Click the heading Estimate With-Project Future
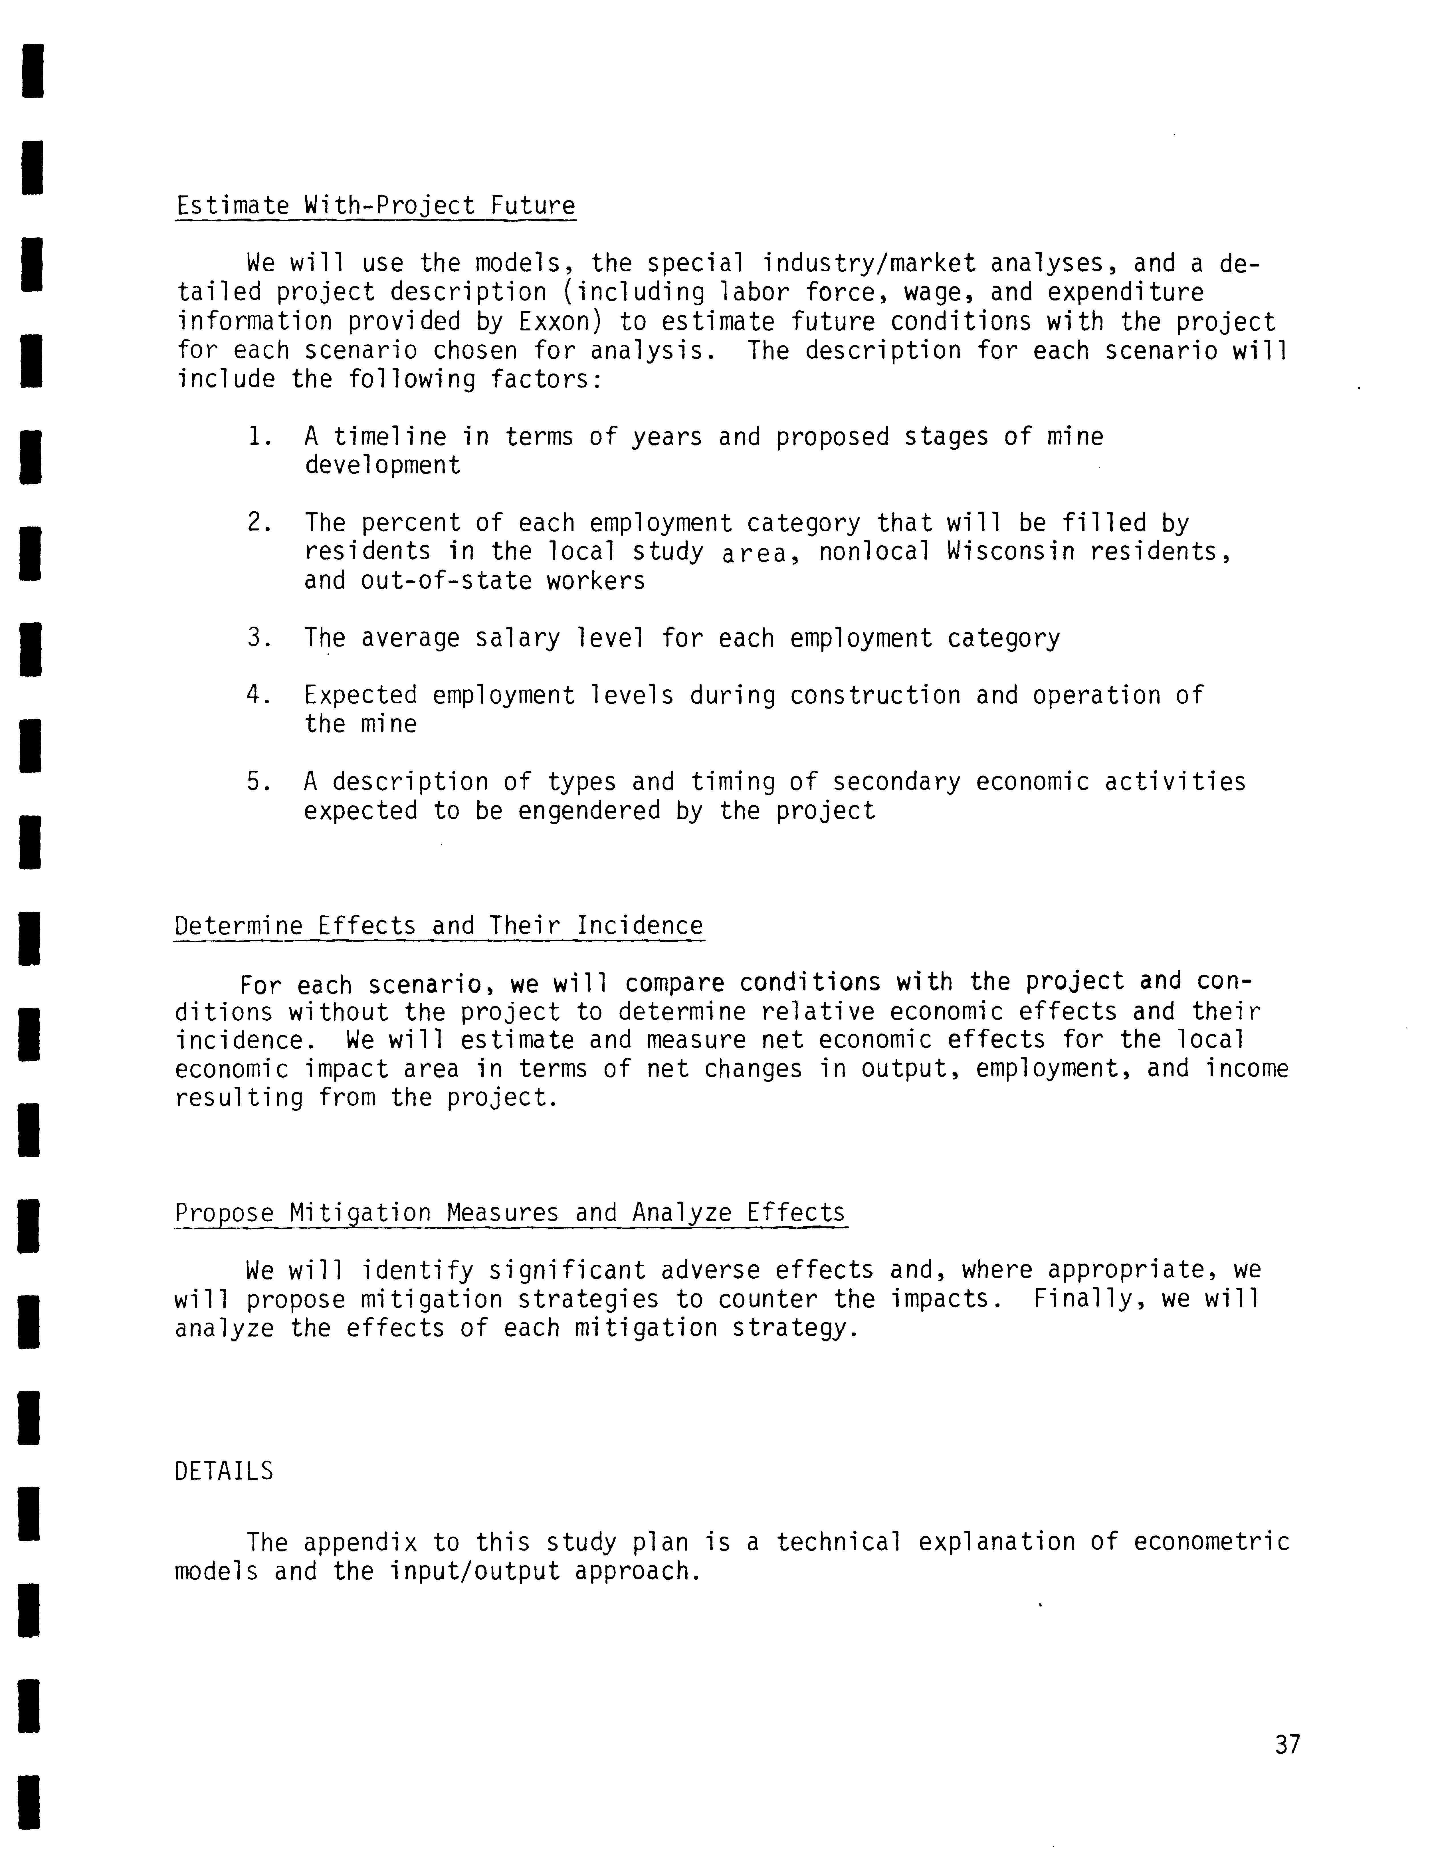(375, 206)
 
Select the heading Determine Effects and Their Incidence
(439, 926)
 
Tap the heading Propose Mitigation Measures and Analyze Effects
(510, 1213)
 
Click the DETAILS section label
(224, 1471)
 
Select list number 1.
(259, 437)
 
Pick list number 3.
(259, 639)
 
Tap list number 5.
(259, 782)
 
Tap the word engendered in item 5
(589, 811)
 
